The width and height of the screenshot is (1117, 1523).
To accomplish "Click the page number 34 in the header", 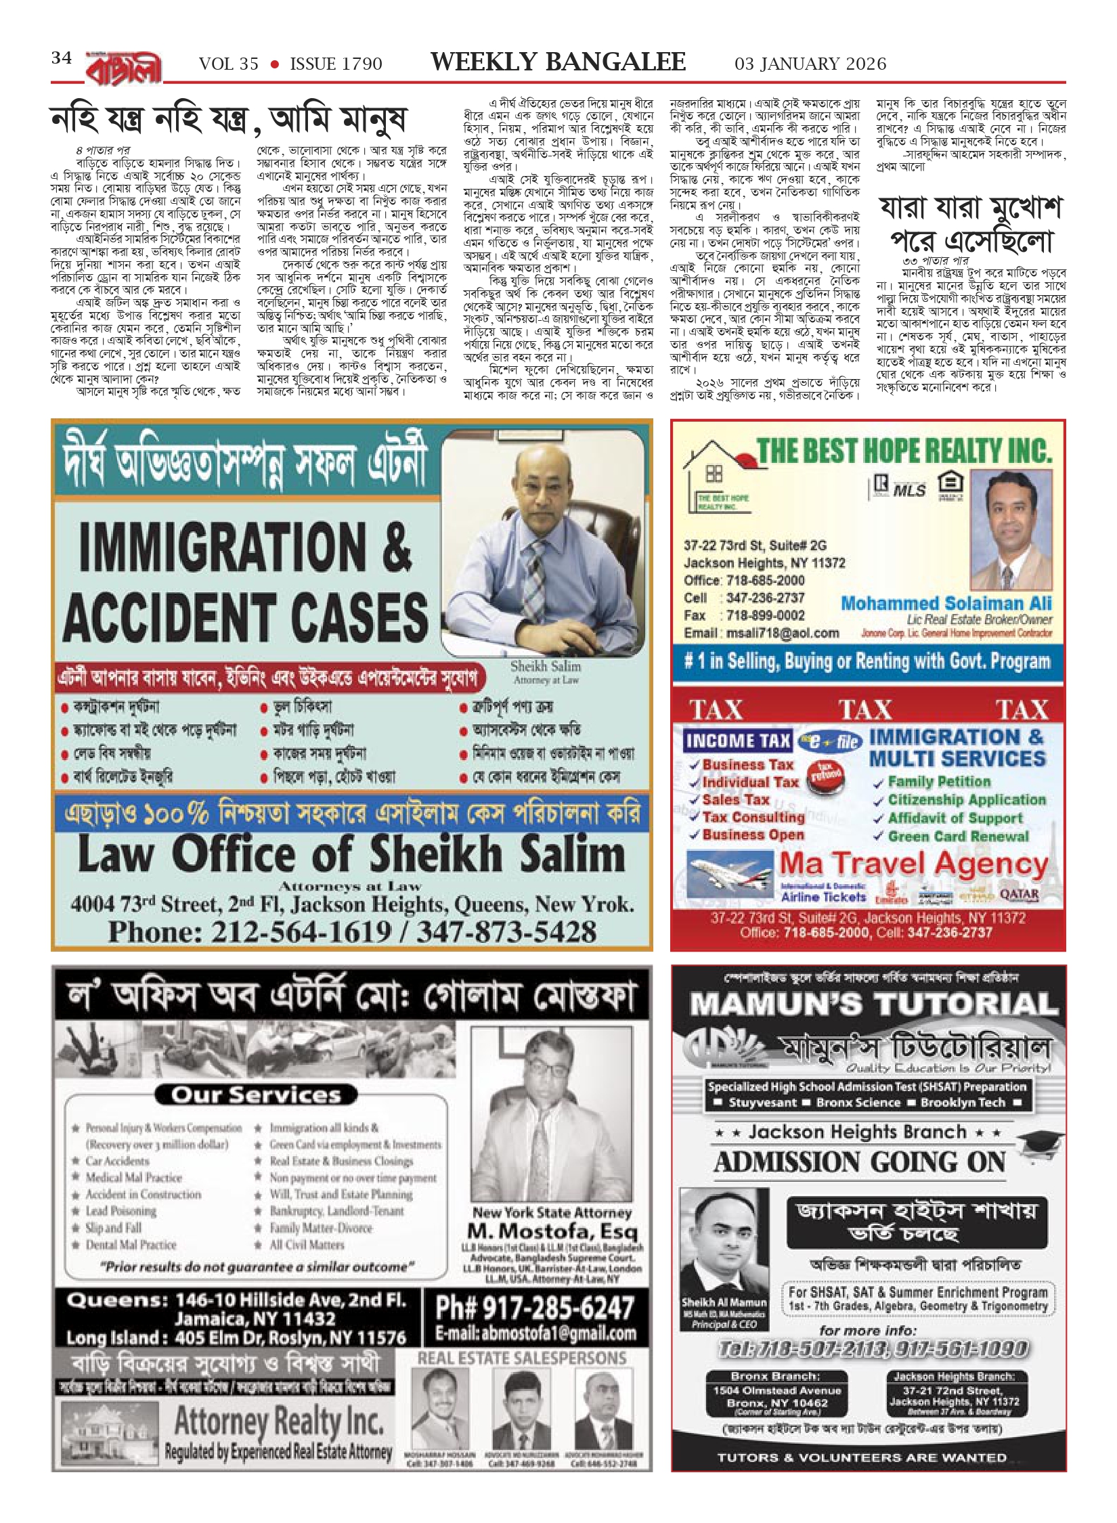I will click(61, 59).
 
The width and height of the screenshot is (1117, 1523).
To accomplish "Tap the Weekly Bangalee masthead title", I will click(558, 62).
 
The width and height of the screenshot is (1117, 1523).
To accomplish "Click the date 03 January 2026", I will click(810, 64).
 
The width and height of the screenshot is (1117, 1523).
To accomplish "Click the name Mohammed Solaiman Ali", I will click(946, 602).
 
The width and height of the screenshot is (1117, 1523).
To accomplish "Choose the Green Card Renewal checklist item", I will click(958, 836).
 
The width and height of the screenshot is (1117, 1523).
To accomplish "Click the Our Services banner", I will click(255, 1095).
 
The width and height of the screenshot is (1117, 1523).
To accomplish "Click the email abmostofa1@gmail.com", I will click(534, 1333).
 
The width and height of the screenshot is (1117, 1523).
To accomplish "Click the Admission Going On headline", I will click(860, 1162).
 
